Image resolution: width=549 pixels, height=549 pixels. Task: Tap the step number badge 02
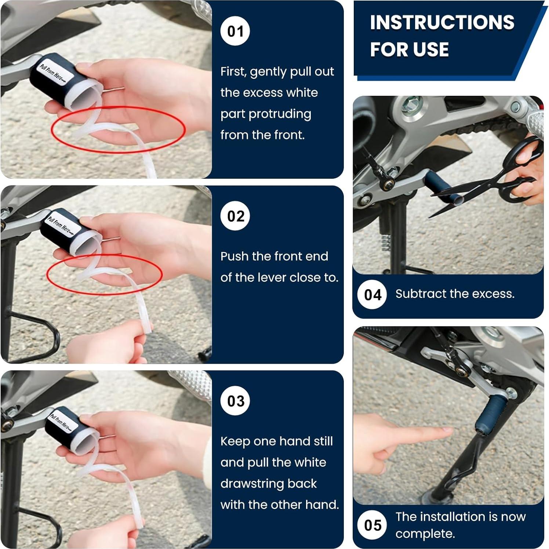pyautogui.click(x=235, y=216)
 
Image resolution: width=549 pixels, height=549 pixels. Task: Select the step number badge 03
pyautogui.click(x=235, y=401)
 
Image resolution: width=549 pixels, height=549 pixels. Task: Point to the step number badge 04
pyautogui.click(x=372, y=295)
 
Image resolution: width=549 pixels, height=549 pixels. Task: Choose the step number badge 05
pyautogui.click(x=372, y=525)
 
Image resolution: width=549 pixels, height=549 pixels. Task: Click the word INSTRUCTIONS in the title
pyautogui.click(x=442, y=22)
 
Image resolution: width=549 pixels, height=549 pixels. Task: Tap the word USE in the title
pyautogui.click(x=431, y=50)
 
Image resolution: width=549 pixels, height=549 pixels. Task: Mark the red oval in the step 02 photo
pyautogui.click(x=105, y=273)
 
